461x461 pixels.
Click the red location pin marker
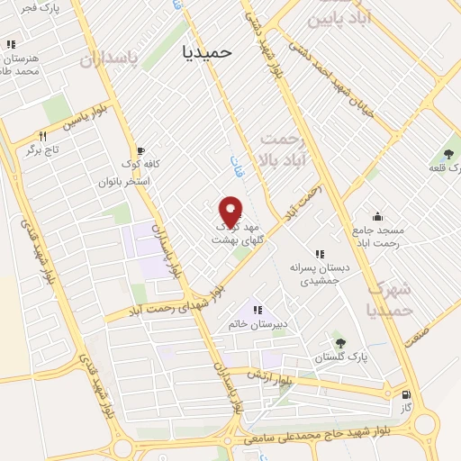click(x=230, y=213)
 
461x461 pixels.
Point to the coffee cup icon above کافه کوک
click(x=139, y=151)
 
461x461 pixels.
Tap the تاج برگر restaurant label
click(x=41, y=149)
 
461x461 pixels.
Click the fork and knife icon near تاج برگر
click(x=39, y=135)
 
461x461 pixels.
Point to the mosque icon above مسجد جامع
click(x=376, y=217)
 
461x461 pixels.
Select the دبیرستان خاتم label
click(x=258, y=325)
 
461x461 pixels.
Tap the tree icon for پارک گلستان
click(x=339, y=342)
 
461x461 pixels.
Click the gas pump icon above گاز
click(x=407, y=393)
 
